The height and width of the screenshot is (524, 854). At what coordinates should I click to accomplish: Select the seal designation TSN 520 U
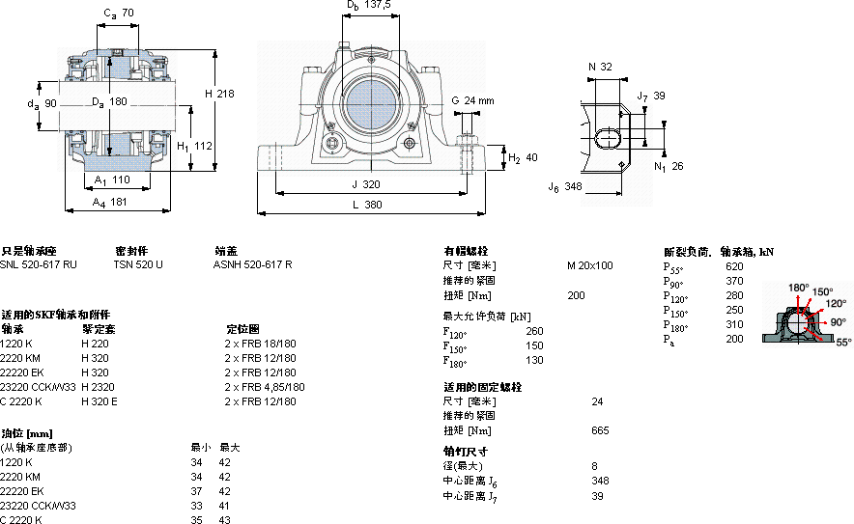coord(138,263)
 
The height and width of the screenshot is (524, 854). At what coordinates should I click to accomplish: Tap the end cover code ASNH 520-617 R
coord(253,263)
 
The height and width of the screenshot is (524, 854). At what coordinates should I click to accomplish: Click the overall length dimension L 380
coord(363,205)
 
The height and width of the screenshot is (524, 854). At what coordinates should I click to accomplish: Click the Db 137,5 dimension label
coord(368,6)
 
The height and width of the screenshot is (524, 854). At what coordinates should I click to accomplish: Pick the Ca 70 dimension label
coord(119,14)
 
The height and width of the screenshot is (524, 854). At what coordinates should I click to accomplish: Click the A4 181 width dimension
coord(109,202)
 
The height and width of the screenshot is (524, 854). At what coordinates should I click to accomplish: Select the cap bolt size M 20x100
coord(590,264)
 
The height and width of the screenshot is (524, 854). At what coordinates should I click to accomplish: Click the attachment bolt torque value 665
coord(600,430)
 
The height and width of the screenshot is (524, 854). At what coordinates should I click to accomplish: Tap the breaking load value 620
coord(734,266)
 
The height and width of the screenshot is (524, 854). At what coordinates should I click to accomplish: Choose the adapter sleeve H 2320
coord(97,387)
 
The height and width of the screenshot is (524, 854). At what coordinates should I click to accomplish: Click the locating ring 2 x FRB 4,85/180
coord(265,387)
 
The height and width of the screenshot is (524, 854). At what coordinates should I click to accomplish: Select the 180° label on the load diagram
coord(798,288)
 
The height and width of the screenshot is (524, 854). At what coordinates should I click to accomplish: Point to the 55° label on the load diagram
coord(843,342)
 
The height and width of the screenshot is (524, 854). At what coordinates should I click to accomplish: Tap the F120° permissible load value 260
coord(534,332)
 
